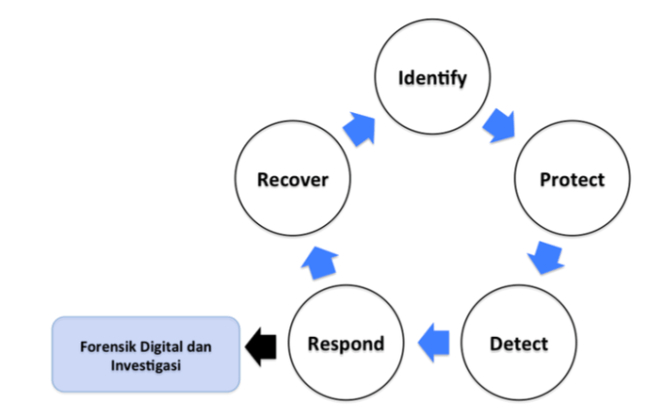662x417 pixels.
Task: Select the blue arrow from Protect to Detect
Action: [x=548, y=258]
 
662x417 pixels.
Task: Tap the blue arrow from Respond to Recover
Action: [x=319, y=260]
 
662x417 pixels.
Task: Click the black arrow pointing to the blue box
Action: [x=261, y=343]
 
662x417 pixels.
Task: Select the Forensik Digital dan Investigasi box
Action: [x=146, y=355]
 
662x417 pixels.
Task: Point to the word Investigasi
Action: [x=146, y=364]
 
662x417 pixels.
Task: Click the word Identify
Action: [x=431, y=77]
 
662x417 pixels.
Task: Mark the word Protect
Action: [x=571, y=180]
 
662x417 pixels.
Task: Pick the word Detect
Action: [x=518, y=344]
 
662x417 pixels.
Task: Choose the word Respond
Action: [x=346, y=344]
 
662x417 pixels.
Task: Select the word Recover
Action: [x=292, y=180]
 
